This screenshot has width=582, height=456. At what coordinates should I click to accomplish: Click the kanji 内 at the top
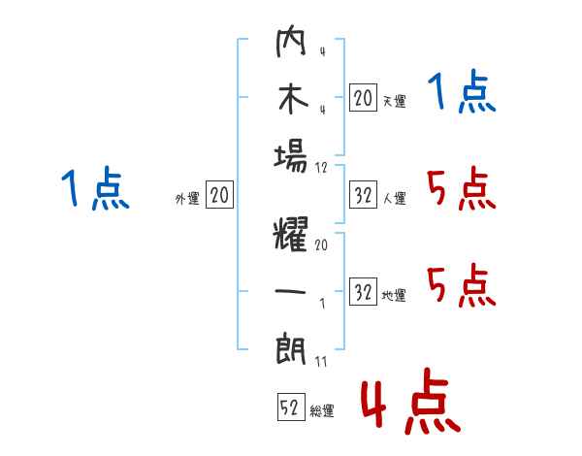291,41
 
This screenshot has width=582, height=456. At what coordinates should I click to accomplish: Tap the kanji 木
293,99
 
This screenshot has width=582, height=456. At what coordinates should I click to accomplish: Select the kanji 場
291,158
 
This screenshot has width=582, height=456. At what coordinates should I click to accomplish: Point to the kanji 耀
291,234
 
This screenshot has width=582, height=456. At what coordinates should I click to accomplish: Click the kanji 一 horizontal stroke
290,291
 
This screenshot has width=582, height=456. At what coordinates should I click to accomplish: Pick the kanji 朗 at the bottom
291,349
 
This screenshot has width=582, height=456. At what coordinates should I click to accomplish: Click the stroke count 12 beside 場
321,168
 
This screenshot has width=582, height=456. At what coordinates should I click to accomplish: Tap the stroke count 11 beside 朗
321,362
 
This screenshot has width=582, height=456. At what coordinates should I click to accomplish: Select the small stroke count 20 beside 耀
321,244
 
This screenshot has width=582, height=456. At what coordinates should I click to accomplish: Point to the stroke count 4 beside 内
322,51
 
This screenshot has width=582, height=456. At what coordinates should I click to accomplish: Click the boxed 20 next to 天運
363,98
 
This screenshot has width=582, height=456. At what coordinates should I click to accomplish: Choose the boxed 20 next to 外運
219,194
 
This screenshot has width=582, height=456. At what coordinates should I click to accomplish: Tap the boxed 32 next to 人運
363,195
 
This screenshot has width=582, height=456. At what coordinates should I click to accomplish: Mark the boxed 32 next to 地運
363,291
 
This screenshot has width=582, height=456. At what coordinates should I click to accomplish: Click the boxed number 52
291,407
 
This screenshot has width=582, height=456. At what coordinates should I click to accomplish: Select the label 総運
322,411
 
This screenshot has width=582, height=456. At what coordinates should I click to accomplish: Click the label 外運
187,199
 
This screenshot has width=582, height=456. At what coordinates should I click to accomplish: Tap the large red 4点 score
411,401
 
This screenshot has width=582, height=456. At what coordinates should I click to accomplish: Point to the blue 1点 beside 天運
462,91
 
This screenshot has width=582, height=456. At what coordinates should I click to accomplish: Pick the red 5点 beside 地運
462,285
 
